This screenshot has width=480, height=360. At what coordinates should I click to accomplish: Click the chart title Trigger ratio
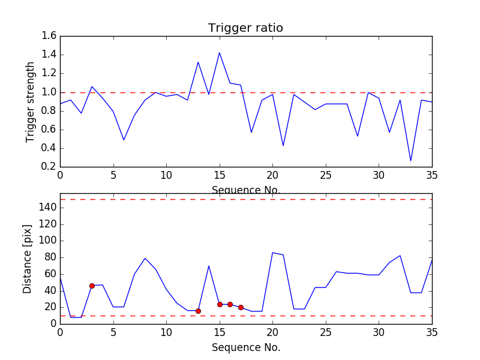point(245,28)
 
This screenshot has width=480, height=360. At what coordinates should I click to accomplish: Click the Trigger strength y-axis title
point(31,102)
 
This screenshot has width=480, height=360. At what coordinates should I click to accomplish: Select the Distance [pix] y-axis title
point(28,259)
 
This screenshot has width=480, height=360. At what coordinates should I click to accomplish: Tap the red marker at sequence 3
point(92,286)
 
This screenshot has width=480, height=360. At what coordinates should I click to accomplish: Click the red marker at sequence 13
point(198,311)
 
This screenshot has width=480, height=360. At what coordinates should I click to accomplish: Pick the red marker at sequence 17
point(241,307)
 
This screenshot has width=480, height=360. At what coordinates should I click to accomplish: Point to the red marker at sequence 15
point(220,304)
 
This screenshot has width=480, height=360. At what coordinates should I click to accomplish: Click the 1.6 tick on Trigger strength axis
point(49,36)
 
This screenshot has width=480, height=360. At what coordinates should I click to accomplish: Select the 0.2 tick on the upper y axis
point(49,167)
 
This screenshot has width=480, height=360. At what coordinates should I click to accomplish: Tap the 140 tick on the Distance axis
point(46,208)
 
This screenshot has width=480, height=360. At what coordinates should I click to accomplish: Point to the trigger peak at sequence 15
point(220,53)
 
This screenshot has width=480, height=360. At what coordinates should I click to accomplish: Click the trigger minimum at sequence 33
point(411,161)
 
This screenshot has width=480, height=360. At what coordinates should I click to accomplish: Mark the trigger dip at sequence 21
point(283,146)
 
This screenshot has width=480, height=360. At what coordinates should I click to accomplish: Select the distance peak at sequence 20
point(272,253)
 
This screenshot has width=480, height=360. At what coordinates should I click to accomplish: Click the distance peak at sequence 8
point(145,258)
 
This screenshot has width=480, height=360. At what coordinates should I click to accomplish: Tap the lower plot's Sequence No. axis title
point(245,347)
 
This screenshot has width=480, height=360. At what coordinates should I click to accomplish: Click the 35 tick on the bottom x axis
point(431,331)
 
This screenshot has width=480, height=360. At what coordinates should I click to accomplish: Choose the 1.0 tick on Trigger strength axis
point(49,92)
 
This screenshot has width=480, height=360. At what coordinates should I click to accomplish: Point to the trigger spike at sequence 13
point(198,62)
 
